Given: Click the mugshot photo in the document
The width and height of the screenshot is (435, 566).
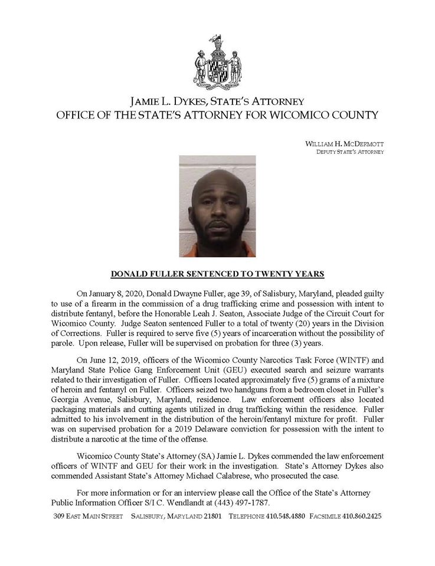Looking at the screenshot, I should [217, 206].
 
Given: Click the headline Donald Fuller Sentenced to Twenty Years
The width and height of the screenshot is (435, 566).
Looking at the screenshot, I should [217, 274].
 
